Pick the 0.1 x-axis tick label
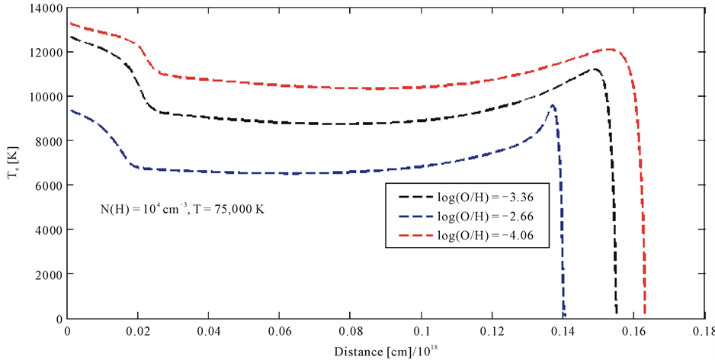(x=421, y=332)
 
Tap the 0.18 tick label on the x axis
(x=703, y=332)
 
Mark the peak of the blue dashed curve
(x=553, y=105)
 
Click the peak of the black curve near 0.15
(x=593, y=69)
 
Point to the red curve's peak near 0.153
(x=610, y=50)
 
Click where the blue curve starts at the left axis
(x=69, y=110)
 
